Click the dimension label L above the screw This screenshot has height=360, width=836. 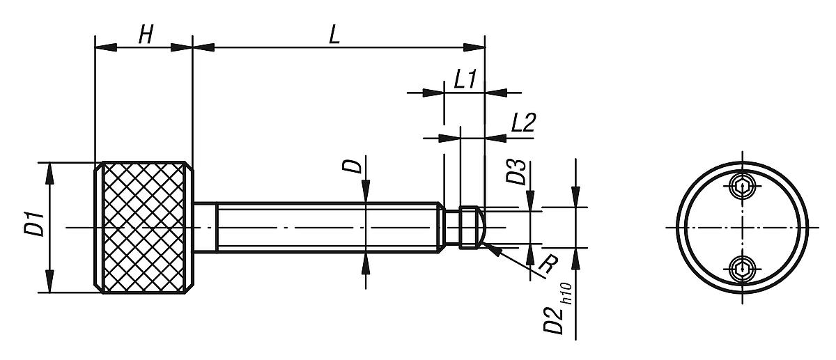coord(334,36)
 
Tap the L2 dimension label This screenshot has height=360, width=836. coord(522,123)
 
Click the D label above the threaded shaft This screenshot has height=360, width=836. coord(354,166)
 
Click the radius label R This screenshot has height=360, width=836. coord(539,265)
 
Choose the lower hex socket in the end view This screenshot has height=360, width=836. coord(743,267)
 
